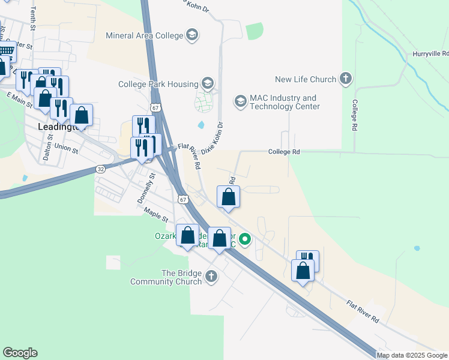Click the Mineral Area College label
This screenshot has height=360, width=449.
[143, 35]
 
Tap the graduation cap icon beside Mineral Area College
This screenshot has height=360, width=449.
[192, 35]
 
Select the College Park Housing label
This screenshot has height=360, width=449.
[158, 84]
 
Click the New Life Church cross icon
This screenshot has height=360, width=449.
[346, 79]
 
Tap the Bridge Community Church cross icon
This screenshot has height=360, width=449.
[210, 277]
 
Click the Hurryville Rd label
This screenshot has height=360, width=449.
[429, 54]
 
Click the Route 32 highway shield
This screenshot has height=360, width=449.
[100, 170]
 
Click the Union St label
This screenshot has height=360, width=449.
[66, 148]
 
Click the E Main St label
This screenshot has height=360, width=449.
[18, 98]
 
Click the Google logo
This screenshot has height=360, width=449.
[20, 353]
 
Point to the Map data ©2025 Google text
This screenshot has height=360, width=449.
[412, 355]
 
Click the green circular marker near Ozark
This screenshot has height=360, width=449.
[245, 241]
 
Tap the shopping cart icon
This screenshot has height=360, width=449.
[6, 50]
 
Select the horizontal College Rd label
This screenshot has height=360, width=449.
[284, 152]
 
